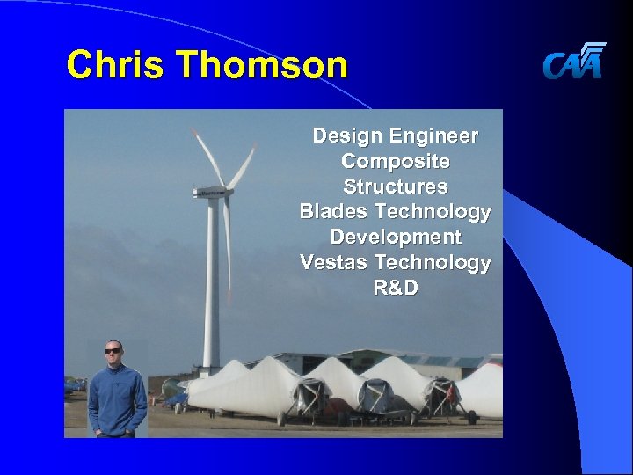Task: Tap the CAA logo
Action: [x=574, y=61]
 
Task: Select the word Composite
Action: [x=395, y=162]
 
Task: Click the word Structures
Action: [x=395, y=186]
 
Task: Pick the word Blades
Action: [x=333, y=212]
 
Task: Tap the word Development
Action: [x=395, y=237]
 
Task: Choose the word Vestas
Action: [x=333, y=262]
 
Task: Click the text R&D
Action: [x=395, y=288]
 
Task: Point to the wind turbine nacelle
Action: [x=211, y=191]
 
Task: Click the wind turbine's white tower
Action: [x=211, y=281]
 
